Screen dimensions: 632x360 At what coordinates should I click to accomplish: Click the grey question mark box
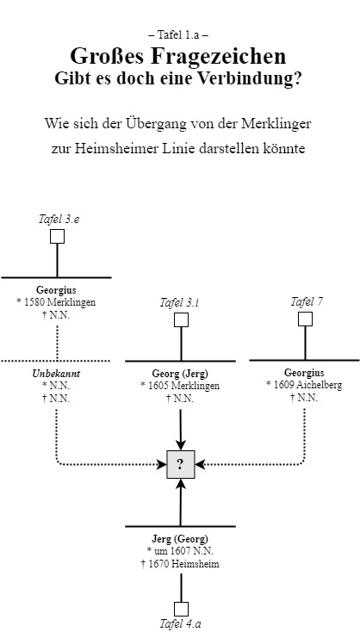point(180,465)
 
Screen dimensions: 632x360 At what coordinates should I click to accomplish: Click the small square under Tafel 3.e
point(57,237)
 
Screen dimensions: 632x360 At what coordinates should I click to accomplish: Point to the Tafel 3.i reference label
point(180,302)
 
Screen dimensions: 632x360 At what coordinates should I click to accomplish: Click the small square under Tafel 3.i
point(181,319)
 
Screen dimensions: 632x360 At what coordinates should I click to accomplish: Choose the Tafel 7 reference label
point(307,301)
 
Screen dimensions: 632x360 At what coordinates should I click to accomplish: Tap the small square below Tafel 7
point(305,319)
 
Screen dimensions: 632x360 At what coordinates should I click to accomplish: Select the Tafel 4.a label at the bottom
point(181,623)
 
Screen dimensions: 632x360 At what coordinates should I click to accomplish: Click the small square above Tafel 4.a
point(181,607)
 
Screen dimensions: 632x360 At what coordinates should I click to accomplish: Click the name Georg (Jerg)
point(180,375)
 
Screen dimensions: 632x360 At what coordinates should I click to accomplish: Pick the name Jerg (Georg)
point(180,539)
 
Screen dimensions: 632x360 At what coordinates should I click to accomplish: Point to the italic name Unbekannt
point(56,375)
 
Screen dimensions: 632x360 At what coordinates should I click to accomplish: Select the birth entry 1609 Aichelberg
point(305,386)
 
